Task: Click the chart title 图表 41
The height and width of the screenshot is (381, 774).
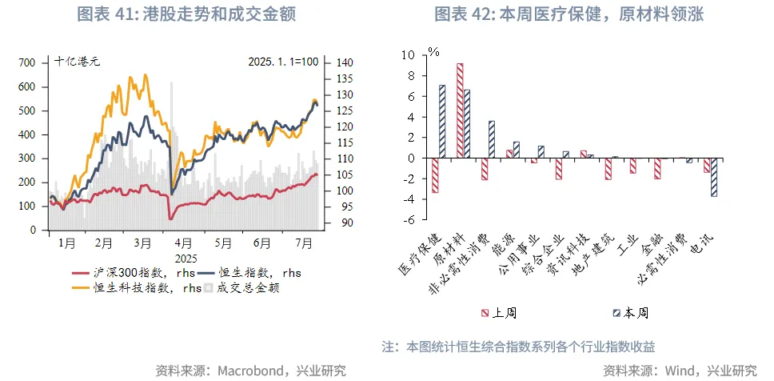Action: click(186, 14)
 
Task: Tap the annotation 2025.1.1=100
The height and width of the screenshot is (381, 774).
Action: click(283, 61)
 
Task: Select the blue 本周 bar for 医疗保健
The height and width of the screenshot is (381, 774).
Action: click(442, 121)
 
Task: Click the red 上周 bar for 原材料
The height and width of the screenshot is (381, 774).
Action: click(460, 110)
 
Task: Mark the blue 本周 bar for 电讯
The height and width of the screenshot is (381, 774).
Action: click(714, 177)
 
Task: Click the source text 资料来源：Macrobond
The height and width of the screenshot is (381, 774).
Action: click(251, 370)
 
